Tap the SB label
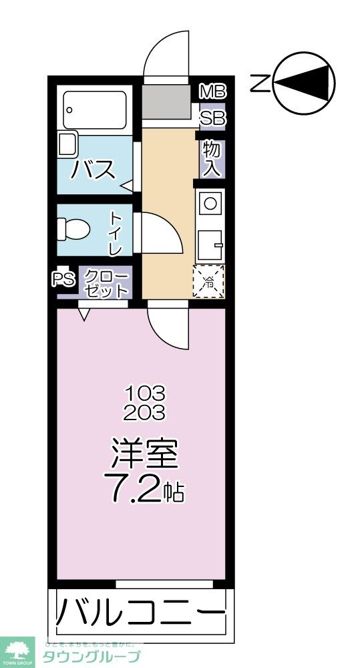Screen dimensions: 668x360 [213, 118]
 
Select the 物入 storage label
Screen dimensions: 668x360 [212, 158]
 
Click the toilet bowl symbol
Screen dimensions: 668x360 [74, 229]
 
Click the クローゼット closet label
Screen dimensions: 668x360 [106, 283]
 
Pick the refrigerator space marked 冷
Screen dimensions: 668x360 [209, 281]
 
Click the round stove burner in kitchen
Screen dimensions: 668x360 [211, 202]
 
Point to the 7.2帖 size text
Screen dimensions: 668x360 [144, 490]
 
